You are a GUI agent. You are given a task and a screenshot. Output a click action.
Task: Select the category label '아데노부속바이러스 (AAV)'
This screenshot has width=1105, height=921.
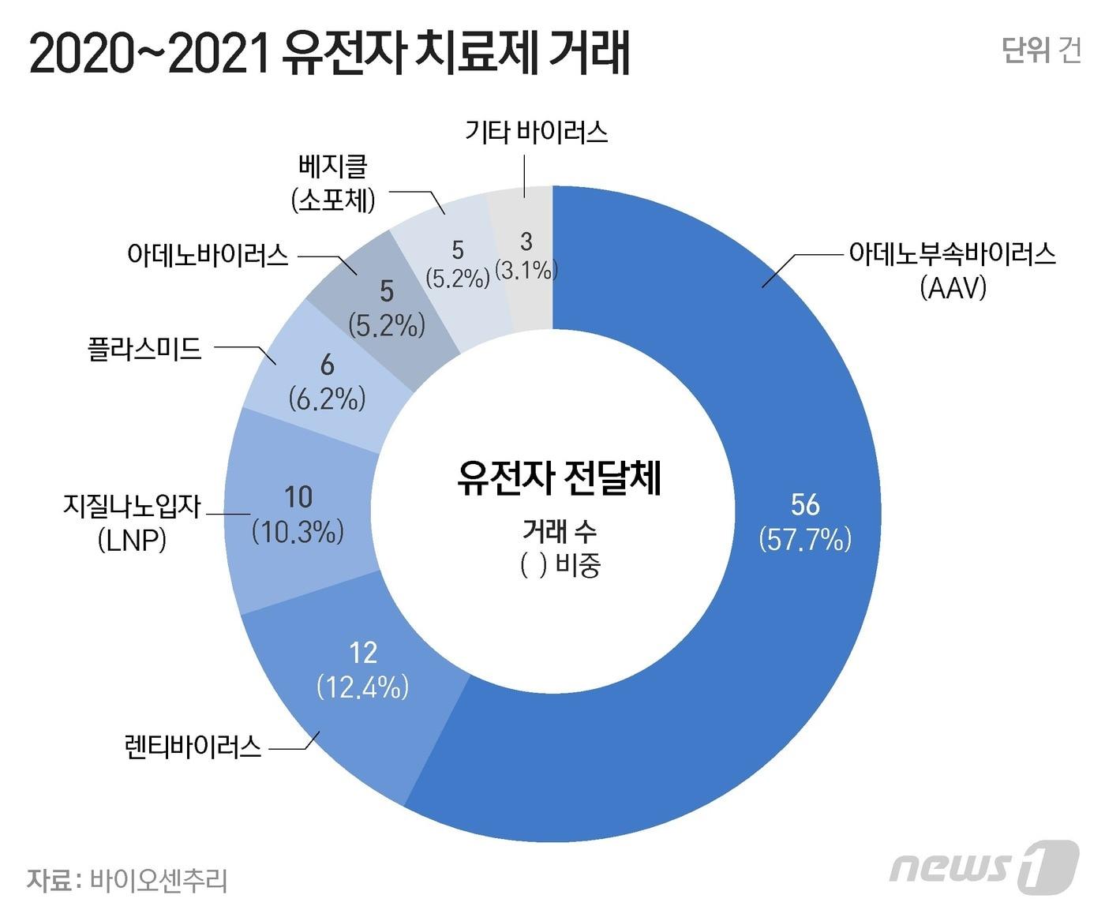click(952, 271)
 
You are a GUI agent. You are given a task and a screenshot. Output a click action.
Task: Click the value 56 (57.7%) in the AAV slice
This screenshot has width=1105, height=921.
click(805, 522)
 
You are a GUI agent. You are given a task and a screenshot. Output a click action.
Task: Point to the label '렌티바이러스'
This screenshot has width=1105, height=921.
click(193, 745)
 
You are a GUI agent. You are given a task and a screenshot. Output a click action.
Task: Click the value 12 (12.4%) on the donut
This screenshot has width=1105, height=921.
click(363, 670)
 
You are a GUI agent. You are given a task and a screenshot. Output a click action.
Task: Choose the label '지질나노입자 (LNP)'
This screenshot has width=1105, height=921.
click(133, 522)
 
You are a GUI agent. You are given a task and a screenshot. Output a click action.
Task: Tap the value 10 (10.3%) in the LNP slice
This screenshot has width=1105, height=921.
click(298, 515)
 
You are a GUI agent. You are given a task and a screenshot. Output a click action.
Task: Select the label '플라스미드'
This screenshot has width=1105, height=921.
click(144, 349)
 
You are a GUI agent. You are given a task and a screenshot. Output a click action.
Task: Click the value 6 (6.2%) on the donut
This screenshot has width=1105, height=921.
click(327, 382)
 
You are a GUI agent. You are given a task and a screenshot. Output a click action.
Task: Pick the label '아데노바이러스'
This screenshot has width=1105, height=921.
click(208, 255)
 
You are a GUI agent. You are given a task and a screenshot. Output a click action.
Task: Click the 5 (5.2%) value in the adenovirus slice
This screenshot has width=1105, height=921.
click(386, 308)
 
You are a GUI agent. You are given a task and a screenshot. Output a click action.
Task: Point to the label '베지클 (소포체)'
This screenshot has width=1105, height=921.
click(333, 183)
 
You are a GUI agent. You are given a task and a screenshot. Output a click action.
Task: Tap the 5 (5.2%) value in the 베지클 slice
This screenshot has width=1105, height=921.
click(458, 264)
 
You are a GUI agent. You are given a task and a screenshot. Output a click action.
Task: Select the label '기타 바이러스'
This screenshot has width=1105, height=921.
click(536, 131)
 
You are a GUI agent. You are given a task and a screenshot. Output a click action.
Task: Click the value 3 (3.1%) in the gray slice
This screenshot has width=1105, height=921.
click(526, 255)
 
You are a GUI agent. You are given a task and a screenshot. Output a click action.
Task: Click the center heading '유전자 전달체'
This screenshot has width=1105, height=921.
click(559, 477)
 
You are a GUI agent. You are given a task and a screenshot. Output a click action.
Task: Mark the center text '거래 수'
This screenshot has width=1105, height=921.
click(559, 531)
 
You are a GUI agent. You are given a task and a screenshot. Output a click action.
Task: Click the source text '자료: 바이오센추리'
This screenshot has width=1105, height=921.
click(127, 880)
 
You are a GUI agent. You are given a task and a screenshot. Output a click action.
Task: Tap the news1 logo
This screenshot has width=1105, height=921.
click(983, 867)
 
